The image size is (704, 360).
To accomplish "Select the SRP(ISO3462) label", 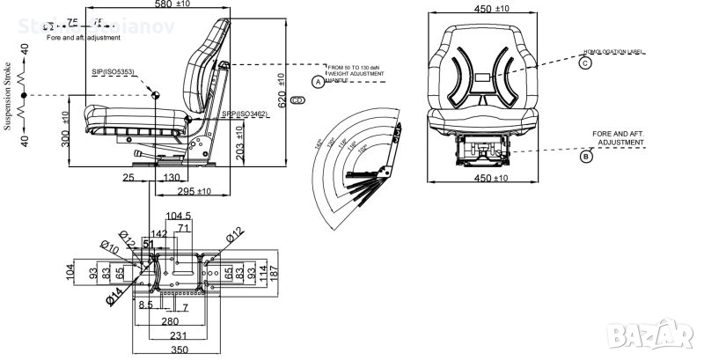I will (245, 114).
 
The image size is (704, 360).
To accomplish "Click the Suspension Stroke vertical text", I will (8, 96).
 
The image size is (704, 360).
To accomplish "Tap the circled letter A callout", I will (319, 81).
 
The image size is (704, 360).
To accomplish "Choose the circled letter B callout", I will (585, 158).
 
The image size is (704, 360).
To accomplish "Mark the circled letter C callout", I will (585, 62).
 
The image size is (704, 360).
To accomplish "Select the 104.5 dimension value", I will (180, 216).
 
